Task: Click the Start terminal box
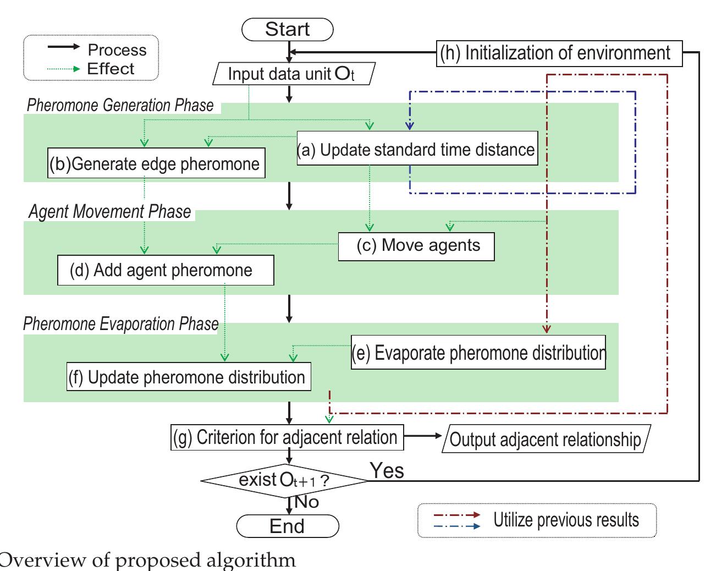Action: (288, 29)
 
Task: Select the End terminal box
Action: (288, 526)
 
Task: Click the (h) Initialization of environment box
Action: (559, 53)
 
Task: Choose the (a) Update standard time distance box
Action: (416, 150)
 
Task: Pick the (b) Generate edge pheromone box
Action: (156, 164)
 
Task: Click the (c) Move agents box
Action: (416, 246)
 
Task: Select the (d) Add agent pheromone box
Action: (165, 270)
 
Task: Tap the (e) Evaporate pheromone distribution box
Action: (478, 353)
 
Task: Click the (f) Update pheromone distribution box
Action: (189, 377)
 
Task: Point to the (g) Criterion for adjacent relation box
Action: (287, 437)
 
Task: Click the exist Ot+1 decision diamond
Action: (284, 480)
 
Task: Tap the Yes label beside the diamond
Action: (387, 471)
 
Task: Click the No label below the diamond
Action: (306, 502)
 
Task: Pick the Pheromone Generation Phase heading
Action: (120, 105)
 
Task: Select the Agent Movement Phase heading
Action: (110, 212)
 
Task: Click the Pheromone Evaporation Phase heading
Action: (121, 324)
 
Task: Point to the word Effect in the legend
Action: (111, 69)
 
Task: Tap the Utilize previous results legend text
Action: (566, 520)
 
